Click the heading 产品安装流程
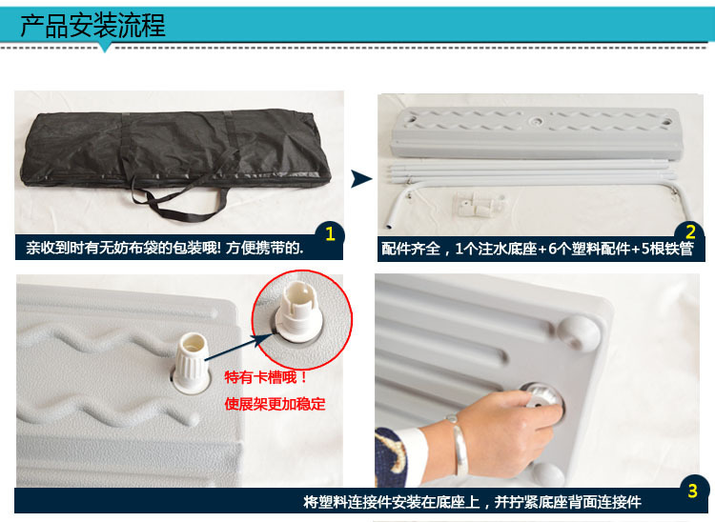92,26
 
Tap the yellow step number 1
330,234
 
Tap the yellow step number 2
690,232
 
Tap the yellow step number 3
693,491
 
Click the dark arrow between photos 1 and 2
361,178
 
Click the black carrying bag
175,151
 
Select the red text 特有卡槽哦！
266,377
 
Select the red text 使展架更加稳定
275,404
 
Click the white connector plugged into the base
192,362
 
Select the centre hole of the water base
536,121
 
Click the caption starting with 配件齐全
537,249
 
